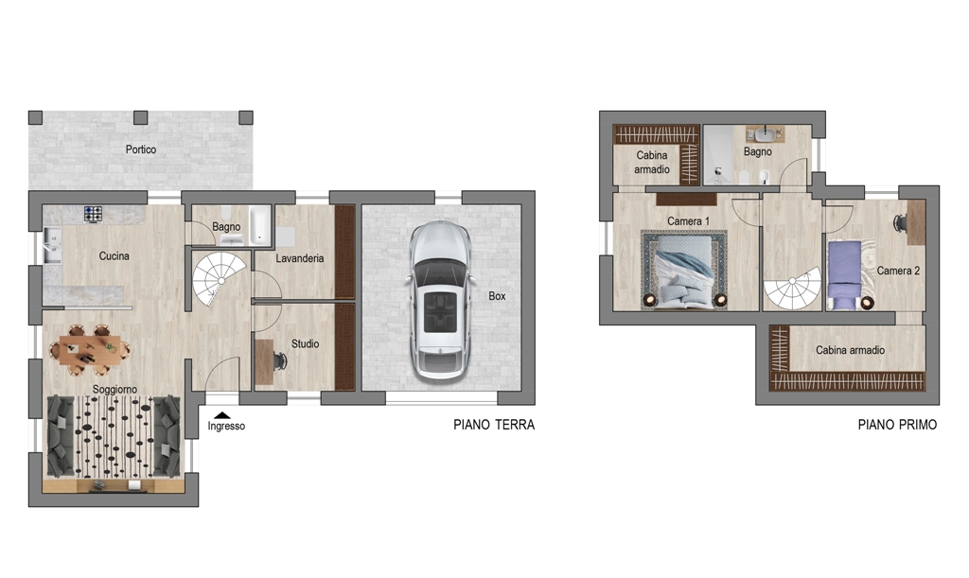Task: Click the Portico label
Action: pos(141,149)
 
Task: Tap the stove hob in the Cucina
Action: pos(94,215)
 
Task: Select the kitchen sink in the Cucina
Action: pos(52,246)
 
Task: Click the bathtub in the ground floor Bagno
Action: pos(259,225)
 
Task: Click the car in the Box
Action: pos(439,300)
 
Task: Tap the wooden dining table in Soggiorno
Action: pos(90,350)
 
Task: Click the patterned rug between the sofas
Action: pos(115,436)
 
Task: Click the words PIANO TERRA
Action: pos(494,425)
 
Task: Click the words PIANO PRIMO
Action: pos(897,425)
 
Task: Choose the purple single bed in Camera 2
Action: pos(844,274)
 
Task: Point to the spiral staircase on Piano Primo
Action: pos(793,288)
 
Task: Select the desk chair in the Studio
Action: pos(279,360)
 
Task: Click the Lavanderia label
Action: pos(300,258)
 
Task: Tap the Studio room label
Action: pos(306,344)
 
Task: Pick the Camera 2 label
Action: pos(899,271)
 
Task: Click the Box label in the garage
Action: pos(497,296)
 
